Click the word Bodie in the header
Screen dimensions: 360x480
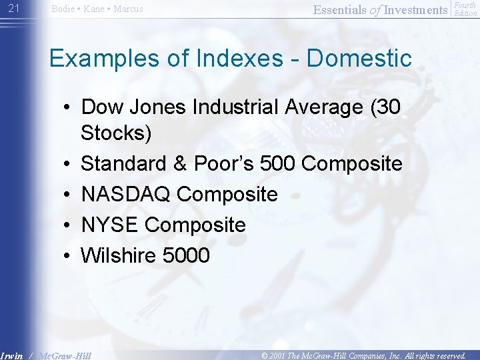coord(63,9)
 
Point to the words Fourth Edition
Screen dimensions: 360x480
coord(465,9)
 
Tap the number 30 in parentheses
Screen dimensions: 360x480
coord(383,107)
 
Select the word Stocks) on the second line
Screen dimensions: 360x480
coord(116,133)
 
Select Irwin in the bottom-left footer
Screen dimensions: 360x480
coord(12,355)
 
